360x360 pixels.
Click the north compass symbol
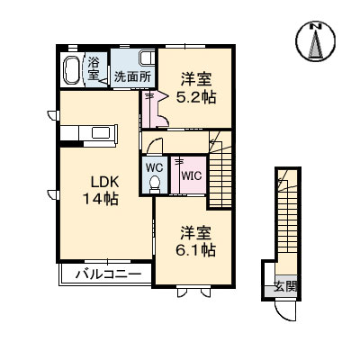(316, 41)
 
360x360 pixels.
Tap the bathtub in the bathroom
(73, 69)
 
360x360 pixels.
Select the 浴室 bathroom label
(94, 69)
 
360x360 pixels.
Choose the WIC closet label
(191, 176)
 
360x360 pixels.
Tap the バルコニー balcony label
(101, 274)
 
